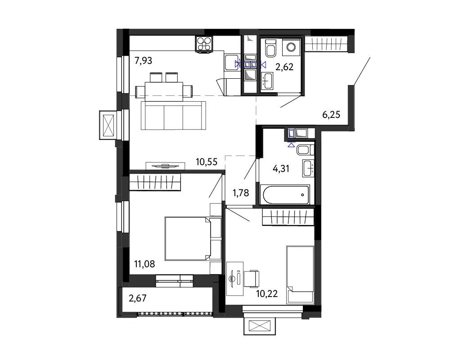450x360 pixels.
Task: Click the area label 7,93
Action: tap(143, 61)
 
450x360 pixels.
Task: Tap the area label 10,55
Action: tap(207, 162)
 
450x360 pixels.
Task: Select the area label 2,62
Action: tap(284, 67)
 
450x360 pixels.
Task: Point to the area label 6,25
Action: tap(331, 115)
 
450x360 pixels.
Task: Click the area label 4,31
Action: tap(281, 168)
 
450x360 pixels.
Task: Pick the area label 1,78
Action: tap(241, 193)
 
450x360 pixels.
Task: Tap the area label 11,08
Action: tap(144, 264)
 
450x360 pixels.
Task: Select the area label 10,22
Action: tap(267, 294)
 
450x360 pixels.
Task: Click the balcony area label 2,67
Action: tap(138, 298)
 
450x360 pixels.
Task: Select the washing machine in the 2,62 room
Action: tap(292, 47)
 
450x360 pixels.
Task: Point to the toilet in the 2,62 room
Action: tap(270, 48)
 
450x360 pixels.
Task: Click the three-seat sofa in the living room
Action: tap(173, 115)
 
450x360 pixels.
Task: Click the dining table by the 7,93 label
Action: tap(164, 91)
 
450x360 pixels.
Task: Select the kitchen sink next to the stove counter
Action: tap(231, 62)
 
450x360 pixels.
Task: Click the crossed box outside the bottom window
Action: tap(260, 326)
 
